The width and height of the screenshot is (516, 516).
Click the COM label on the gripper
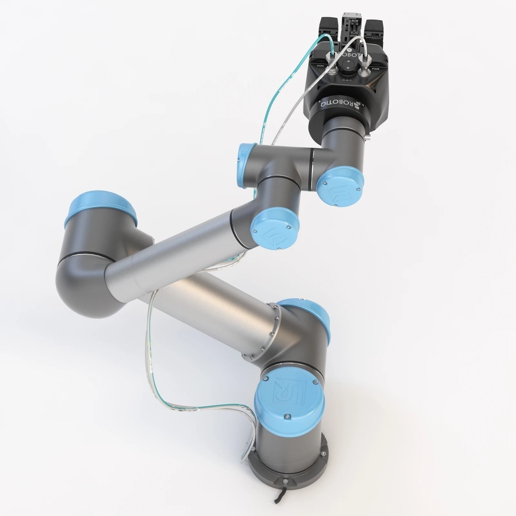(320, 66)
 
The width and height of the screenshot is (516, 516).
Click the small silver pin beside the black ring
(369, 138)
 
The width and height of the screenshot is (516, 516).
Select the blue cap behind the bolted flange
(310, 318)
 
